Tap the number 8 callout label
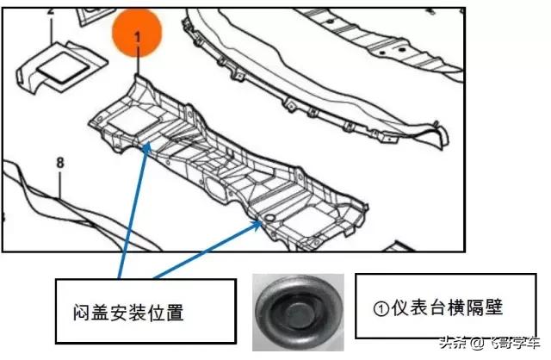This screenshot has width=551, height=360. tap(59, 161)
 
